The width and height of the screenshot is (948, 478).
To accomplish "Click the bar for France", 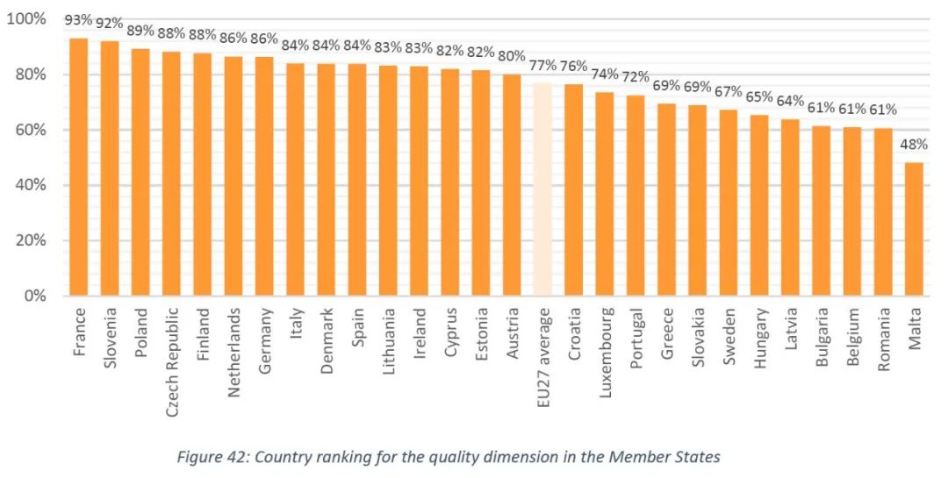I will (x=79, y=167).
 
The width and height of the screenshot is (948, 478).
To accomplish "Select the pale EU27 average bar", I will (x=542, y=189).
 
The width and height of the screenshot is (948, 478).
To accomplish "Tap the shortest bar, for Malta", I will (x=914, y=229).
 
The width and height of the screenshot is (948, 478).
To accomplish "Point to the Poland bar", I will (x=140, y=172).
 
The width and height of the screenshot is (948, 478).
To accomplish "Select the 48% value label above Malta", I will (x=914, y=145).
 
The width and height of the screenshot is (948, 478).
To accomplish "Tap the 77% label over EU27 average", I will (x=542, y=65).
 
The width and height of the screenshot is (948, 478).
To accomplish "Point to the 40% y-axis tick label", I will (x=30, y=185).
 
